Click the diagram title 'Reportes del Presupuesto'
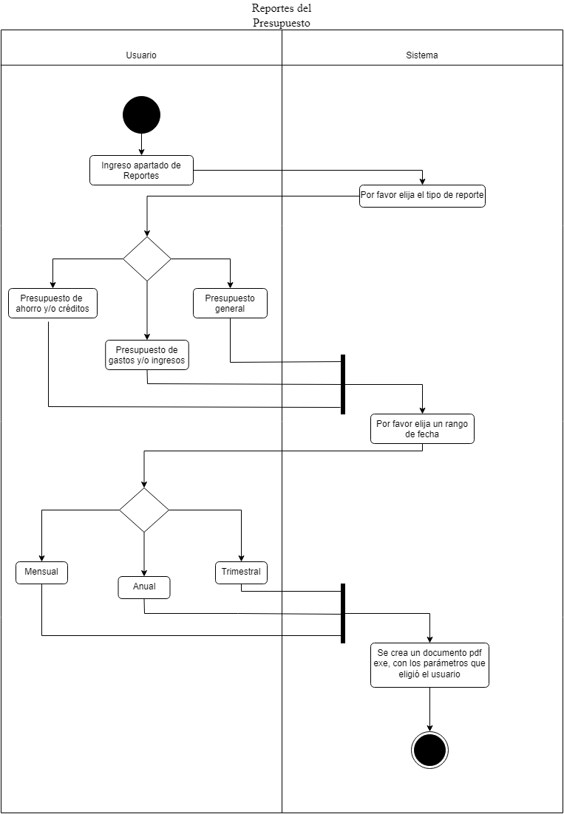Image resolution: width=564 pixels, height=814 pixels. coord(281,16)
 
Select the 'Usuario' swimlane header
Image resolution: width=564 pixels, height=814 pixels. coord(141,55)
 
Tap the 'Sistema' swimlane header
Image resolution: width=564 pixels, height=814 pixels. coord(422,55)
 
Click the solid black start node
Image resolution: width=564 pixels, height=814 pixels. coord(141,114)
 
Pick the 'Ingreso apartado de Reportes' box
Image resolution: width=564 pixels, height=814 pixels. coord(141,171)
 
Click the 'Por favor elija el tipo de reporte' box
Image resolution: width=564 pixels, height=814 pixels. coord(422,196)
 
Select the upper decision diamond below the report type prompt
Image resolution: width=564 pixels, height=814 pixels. coord(147,259)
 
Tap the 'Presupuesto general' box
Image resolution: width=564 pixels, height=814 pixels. coord(230,304)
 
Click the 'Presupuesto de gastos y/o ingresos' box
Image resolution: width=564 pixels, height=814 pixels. coord(147,355)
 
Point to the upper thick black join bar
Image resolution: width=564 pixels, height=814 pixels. coord(343,384)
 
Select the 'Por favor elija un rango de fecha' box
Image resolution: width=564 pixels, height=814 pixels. coord(422,429)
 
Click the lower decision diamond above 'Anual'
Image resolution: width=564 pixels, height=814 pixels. coord(144,510)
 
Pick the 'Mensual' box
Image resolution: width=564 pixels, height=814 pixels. coord(41,572)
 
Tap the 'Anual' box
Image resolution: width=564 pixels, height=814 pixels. coord(144,587)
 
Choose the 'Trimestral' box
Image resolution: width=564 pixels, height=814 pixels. coord(241,572)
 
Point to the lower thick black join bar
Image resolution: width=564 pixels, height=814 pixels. coord(343,613)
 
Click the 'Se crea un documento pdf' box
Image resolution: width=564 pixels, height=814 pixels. coord(429,665)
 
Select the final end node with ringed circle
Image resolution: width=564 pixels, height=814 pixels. coord(429,750)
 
